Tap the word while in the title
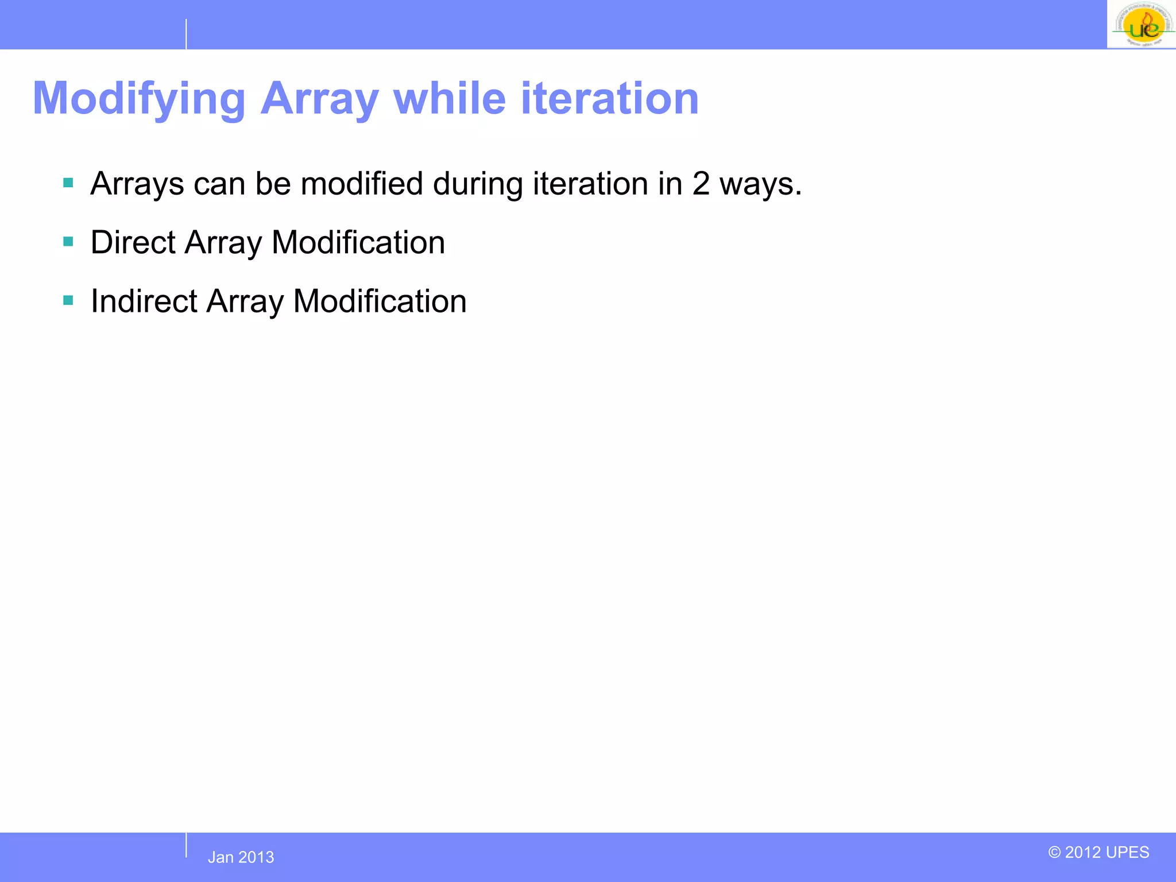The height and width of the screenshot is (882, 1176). click(450, 99)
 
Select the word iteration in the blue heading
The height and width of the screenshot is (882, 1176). click(610, 99)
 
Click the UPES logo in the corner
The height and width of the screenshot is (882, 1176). click(1142, 24)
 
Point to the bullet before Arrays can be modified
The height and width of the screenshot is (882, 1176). click(68, 183)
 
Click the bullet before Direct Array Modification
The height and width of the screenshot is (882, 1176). click(68, 242)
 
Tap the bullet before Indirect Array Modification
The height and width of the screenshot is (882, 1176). click(68, 300)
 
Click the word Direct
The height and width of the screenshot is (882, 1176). click(133, 242)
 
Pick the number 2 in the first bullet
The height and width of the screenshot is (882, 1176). click(701, 184)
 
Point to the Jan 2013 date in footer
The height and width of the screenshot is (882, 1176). click(241, 857)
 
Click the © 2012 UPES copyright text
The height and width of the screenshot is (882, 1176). click(1098, 852)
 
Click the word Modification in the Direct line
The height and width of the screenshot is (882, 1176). click(358, 242)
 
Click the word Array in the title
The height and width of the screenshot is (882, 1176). click(319, 99)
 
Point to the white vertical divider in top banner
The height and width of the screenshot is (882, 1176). click(186, 34)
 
